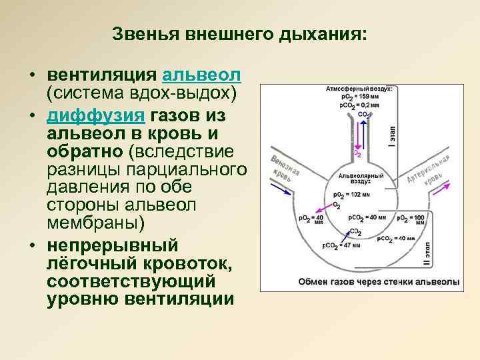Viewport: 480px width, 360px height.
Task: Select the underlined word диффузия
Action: pyautogui.click(x=96, y=115)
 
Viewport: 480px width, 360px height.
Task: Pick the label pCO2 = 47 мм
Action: pyautogui.click(x=341, y=245)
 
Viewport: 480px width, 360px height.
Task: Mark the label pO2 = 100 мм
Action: pyautogui.click(x=411, y=218)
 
